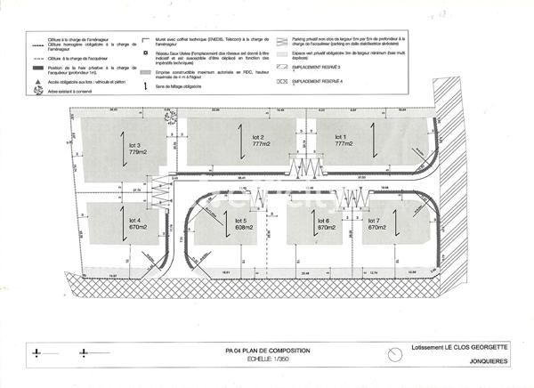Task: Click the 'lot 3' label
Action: (136, 145)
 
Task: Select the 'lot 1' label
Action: (340, 136)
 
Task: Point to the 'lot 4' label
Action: (136, 220)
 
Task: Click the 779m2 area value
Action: (136, 152)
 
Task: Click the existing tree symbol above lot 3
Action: (167, 112)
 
